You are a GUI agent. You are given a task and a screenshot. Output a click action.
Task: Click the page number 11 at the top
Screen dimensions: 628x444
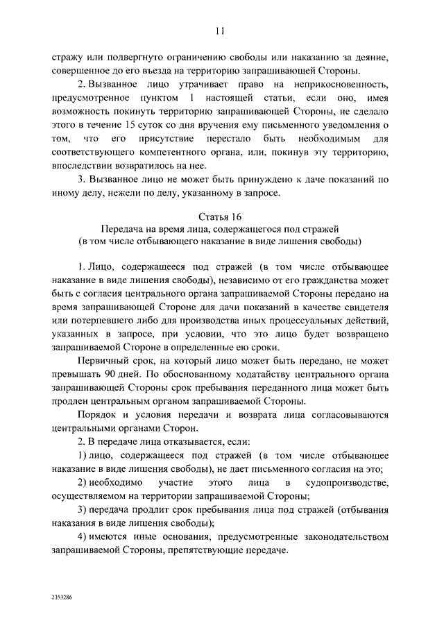pyautogui.click(x=221, y=31)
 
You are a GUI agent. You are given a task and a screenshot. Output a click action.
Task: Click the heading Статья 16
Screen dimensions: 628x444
pyautogui.click(x=221, y=217)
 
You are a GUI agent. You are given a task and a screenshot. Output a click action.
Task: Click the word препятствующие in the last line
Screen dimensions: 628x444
pyautogui.click(x=201, y=550)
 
